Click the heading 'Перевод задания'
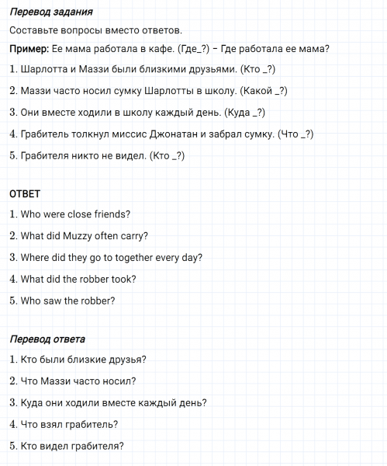[52, 12]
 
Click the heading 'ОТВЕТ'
[24, 193]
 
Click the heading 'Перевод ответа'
[48, 339]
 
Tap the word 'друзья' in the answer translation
[128, 360]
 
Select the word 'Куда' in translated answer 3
[33, 403]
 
